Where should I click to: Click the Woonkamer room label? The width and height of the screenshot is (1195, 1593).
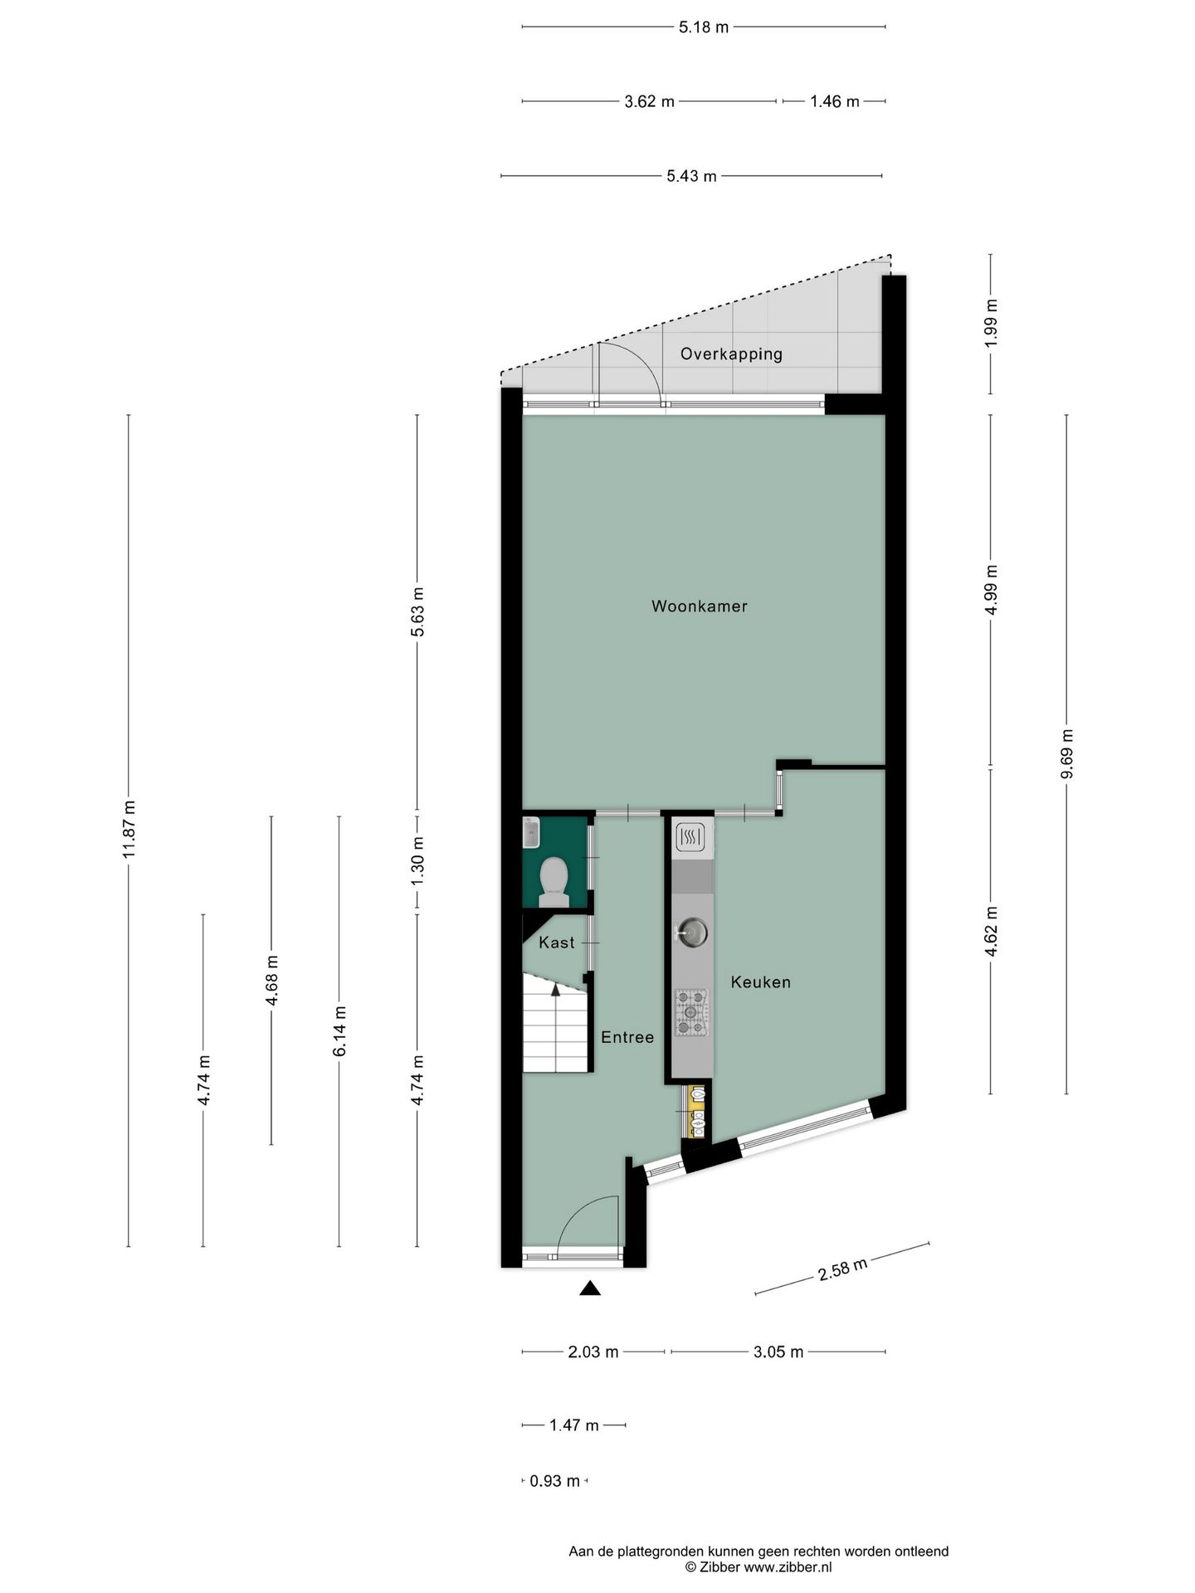[x=699, y=607]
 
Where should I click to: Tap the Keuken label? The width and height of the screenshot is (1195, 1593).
[x=760, y=982]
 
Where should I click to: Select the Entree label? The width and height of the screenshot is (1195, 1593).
[x=627, y=1037]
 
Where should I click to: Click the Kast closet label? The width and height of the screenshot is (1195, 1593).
[x=556, y=943]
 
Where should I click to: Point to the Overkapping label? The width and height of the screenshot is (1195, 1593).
[x=731, y=354]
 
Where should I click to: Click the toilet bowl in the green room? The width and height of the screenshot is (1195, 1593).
[x=554, y=879]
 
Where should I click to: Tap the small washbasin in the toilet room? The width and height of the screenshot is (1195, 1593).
[x=531, y=833]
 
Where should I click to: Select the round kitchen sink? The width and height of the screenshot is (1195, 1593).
[x=692, y=933]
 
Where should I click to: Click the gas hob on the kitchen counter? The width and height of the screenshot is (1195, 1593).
[x=691, y=1012]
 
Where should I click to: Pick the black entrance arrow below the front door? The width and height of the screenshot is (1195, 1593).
[x=590, y=1288]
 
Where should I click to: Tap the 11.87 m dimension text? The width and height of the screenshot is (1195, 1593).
[x=129, y=830]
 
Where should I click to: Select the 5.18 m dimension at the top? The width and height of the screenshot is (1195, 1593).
[x=703, y=27]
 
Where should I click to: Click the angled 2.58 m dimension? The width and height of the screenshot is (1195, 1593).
[x=842, y=1269]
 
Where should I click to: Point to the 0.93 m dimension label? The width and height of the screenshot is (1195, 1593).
[x=554, y=1481]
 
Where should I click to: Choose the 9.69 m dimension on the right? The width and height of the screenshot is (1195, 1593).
[x=1067, y=753]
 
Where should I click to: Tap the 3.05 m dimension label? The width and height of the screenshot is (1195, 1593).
[x=778, y=1352]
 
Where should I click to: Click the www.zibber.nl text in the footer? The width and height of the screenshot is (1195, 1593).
[x=787, y=1567]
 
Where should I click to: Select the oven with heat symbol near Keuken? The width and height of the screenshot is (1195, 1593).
[x=690, y=838]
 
